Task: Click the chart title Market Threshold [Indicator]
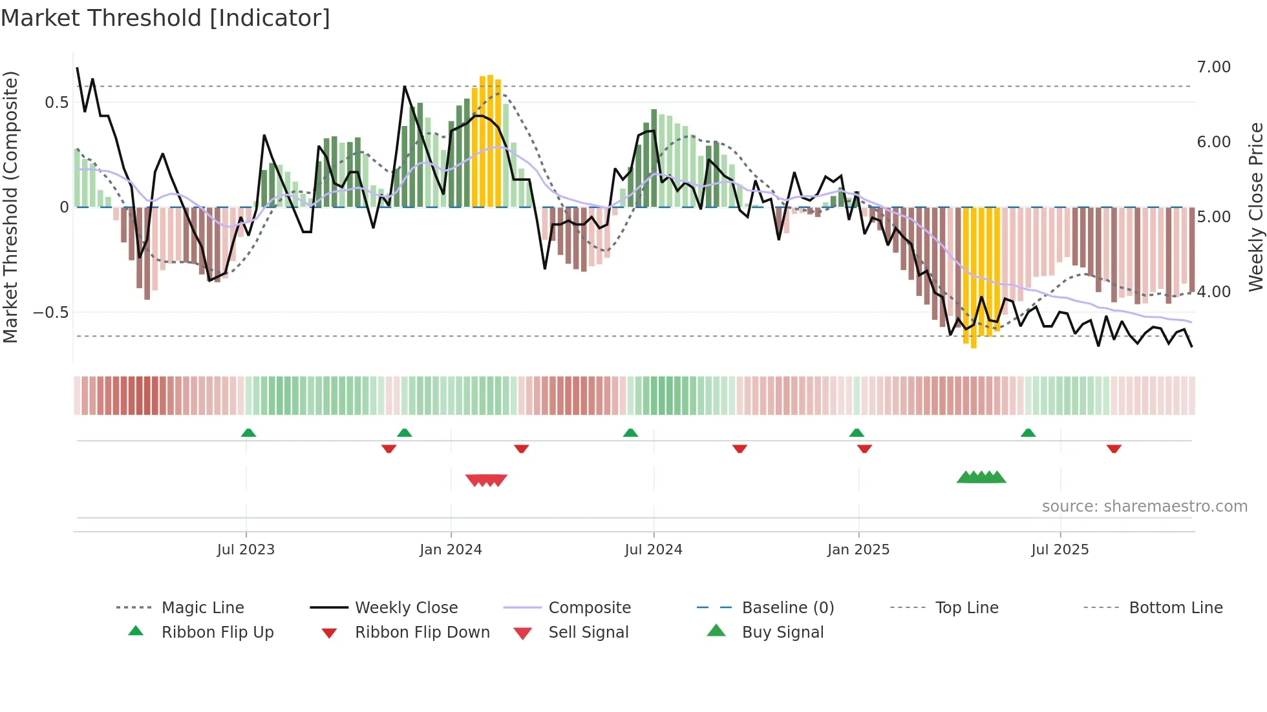point(165,18)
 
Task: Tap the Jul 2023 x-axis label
point(246,550)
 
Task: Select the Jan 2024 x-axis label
point(451,550)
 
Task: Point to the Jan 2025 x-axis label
point(858,550)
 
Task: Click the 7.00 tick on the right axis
point(1213,67)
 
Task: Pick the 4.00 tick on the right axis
point(1213,292)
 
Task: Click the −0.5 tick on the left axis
point(50,313)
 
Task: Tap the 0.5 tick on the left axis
point(56,103)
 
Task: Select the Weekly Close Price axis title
point(1255,207)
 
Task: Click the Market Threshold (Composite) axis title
point(10,207)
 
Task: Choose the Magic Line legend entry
point(202,608)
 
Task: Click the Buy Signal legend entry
point(782,633)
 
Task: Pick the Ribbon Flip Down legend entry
point(421,633)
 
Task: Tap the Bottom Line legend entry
point(1175,608)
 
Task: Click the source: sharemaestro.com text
point(1144,507)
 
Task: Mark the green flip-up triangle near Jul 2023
point(248,433)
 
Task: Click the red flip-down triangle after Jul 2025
point(1114,448)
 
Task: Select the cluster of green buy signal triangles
point(981,477)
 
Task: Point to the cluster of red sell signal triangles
point(486,480)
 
